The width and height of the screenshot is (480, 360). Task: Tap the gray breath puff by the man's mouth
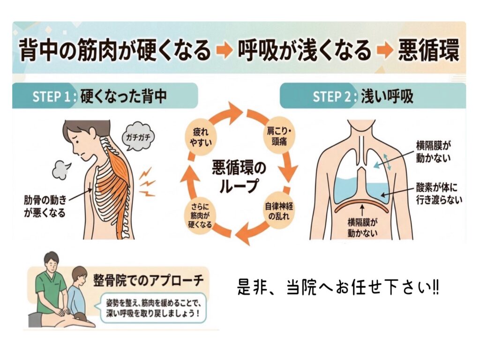61,171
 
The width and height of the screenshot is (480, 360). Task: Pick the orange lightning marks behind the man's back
147,182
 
